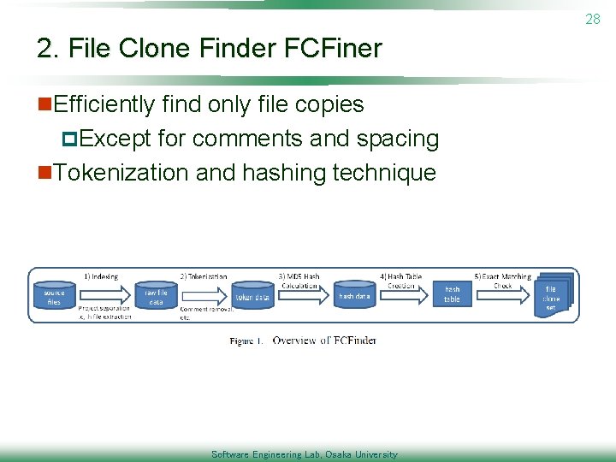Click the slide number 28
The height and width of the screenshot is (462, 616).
pos(593,19)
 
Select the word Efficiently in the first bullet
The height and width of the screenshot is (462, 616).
pos(104,104)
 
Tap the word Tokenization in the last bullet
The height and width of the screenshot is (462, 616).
pos(121,172)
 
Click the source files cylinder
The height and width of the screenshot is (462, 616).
pos(54,297)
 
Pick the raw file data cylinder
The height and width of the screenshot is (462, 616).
pos(156,296)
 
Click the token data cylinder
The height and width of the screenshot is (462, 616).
pos(252,296)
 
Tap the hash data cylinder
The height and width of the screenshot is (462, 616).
pos(354,295)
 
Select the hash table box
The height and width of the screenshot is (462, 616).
pos(452,294)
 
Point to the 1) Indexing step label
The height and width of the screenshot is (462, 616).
pos(101,276)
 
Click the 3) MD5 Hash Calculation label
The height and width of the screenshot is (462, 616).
pos(299,281)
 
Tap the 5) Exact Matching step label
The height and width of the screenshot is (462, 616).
pos(502,276)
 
